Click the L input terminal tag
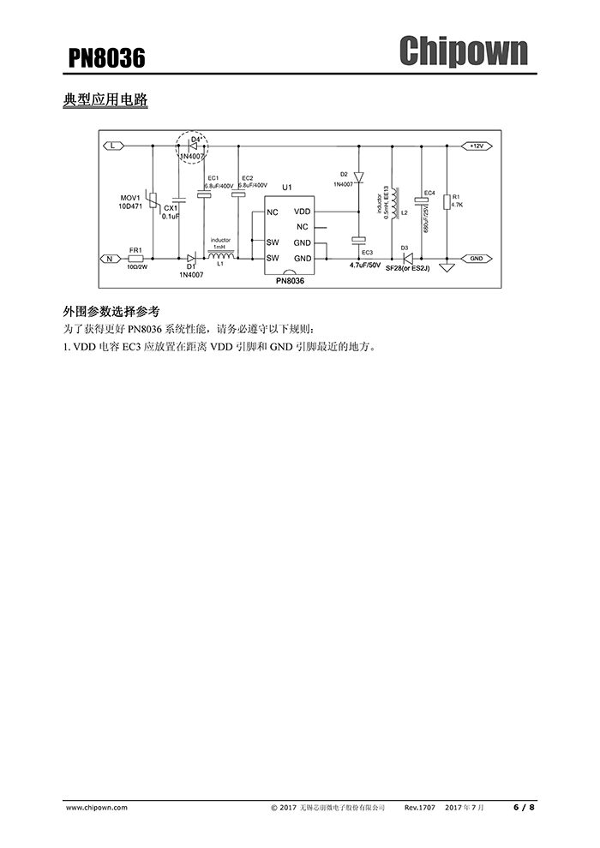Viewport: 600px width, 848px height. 113,146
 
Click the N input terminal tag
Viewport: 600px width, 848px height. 111,259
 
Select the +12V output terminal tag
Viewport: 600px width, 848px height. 476,146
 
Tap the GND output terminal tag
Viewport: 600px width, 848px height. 476,259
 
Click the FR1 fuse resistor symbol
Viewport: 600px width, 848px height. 135,259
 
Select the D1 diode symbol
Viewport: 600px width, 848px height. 191,259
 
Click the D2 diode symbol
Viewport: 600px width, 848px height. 358,176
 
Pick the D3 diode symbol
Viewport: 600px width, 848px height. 406,259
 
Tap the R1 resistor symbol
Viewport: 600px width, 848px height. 447,202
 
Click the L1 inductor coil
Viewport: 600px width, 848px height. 221,255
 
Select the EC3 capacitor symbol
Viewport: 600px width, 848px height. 358,240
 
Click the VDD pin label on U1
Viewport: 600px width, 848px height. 302,212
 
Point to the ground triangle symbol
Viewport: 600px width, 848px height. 447,267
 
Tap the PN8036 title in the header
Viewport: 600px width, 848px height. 106,58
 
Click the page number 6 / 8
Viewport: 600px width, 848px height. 524,808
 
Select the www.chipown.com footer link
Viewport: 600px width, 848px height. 97,808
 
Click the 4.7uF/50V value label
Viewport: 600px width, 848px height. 365,266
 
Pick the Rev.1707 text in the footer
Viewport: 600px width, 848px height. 420,808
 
